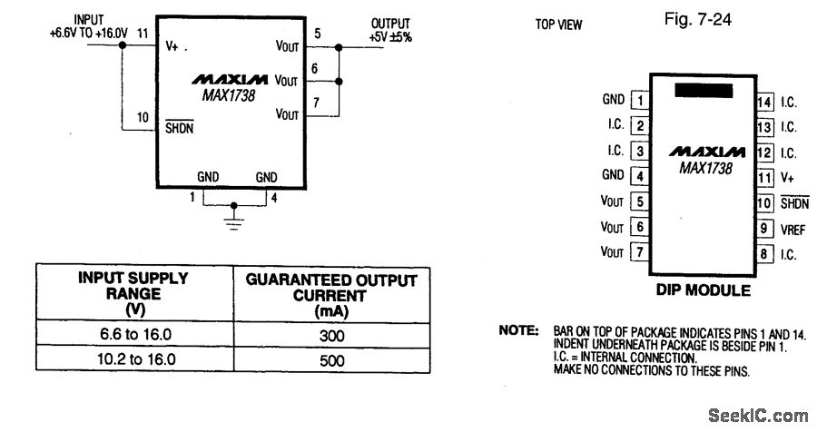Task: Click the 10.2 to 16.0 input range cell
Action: [x=134, y=359]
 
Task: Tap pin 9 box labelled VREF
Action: [x=764, y=230]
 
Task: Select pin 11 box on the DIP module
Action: [x=764, y=178]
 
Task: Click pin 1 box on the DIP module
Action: [x=642, y=101]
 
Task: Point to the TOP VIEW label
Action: [x=559, y=25]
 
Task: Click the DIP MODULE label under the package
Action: [x=704, y=291]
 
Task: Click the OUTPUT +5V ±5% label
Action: [x=390, y=30]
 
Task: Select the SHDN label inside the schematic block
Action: [x=179, y=128]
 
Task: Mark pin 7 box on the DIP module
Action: [x=642, y=252]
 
